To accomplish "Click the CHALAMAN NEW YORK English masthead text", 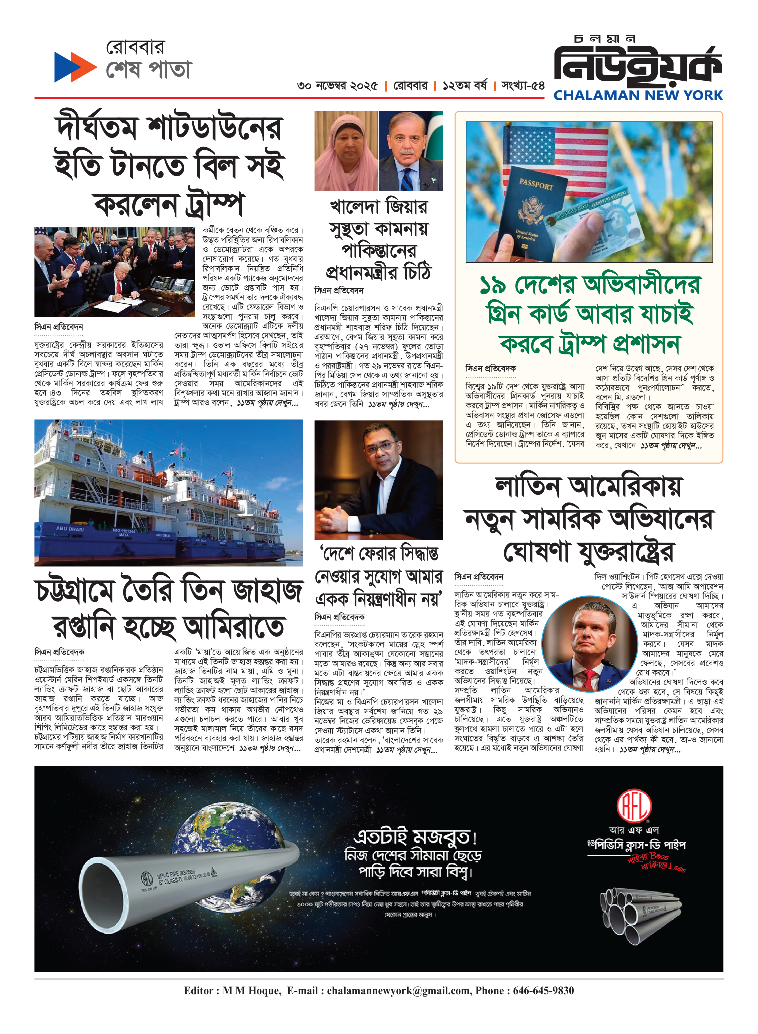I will [638, 96].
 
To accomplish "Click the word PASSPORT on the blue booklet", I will [536, 185].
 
